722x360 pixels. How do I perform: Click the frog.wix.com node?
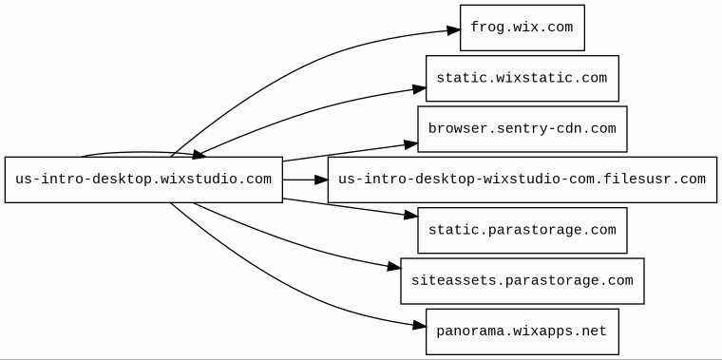(x=522, y=28)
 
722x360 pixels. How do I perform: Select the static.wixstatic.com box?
(x=522, y=78)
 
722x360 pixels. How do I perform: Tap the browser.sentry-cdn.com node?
(x=522, y=129)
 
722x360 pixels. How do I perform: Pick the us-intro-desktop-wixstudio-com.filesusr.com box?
(x=522, y=180)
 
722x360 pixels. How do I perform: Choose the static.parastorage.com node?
(x=522, y=230)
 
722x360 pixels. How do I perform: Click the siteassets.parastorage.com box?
(x=522, y=281)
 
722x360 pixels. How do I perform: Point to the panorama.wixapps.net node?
(x=522, y=332)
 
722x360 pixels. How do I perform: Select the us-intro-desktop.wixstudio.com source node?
(x=143, y=180)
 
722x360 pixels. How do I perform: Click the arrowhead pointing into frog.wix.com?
(x=454, y=30)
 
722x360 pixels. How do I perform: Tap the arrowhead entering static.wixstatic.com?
(x=420, y=89)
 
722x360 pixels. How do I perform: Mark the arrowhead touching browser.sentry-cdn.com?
(x=411, y=145)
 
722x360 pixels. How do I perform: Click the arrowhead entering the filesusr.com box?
(x=321, y=180)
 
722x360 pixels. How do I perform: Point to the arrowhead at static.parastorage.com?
(x=411, y=215)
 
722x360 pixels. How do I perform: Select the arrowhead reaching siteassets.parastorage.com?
(x=394, y=267)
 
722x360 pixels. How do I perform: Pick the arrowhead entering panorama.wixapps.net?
(x=420, y=326)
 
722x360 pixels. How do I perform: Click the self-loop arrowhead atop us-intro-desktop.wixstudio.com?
(x=199, y=154)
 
